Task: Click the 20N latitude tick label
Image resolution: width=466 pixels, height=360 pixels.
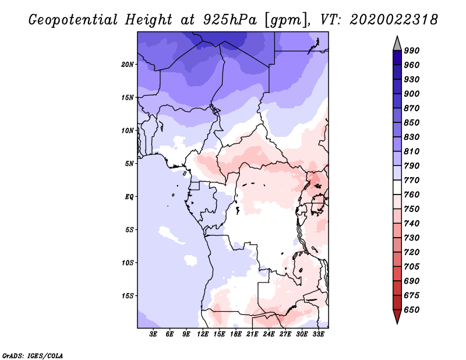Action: click(x=128, y=65)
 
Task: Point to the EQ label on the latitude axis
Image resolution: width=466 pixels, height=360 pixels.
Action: click(x=129, y=197)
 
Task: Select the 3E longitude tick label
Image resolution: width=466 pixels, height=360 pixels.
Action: click(x=153, y=334)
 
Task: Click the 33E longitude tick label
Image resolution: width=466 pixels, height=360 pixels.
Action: click(x=318, y=334)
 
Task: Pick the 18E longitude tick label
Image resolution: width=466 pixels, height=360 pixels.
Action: click(x=236, y=334)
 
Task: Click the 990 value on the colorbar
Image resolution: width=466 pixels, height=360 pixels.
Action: click(x=412, y=51)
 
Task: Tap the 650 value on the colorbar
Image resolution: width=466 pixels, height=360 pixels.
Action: click(x=412, y=310)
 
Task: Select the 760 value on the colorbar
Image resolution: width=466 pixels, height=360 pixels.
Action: click(x=412, y=195)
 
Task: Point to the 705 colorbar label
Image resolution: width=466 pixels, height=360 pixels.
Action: click(x=412, y=266)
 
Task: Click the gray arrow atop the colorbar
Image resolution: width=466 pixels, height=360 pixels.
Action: click(x=397, y=44)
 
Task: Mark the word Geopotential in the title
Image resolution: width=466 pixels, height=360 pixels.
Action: click(x=73, y=20)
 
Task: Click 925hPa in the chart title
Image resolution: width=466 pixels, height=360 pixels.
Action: click(x=230, y=20)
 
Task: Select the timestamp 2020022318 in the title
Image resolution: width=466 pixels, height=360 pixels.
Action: click(x=394, y=20)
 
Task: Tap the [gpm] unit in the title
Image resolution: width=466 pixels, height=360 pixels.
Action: click(x=285, y=20)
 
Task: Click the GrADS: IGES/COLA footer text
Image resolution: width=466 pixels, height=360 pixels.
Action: click(x=33, y=356)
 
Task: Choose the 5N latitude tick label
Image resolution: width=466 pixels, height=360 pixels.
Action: click(x=129, y=164)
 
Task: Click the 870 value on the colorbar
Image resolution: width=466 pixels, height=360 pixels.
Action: click(x=412, y=108)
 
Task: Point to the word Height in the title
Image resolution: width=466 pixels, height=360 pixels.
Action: click(x=149, y=20)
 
